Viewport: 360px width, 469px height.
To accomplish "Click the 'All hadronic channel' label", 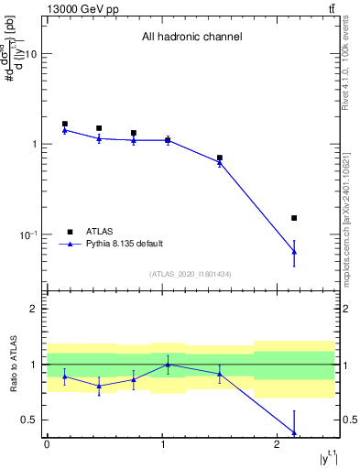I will tap(191, 38).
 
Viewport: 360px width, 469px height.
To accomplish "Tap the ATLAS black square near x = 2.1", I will tap(294, 218).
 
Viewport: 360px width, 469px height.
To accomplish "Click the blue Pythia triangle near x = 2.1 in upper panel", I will tap(294, 251).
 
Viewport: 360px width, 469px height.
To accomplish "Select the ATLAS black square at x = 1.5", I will tap(220, 158).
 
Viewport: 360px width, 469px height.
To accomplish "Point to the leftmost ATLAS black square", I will tap(64, 124).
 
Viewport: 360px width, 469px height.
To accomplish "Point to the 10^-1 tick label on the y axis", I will tap(30, 234).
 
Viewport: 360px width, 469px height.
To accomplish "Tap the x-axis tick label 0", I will tap(47, 444).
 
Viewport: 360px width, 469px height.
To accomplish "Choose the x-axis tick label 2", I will tap(277, 444).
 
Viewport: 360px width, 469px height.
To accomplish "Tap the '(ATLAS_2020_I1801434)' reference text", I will tap(191, 274).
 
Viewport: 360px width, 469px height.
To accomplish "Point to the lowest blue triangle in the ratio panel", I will tap(294, 432).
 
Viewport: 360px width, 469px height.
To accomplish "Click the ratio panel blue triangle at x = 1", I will tap(168, 365).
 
